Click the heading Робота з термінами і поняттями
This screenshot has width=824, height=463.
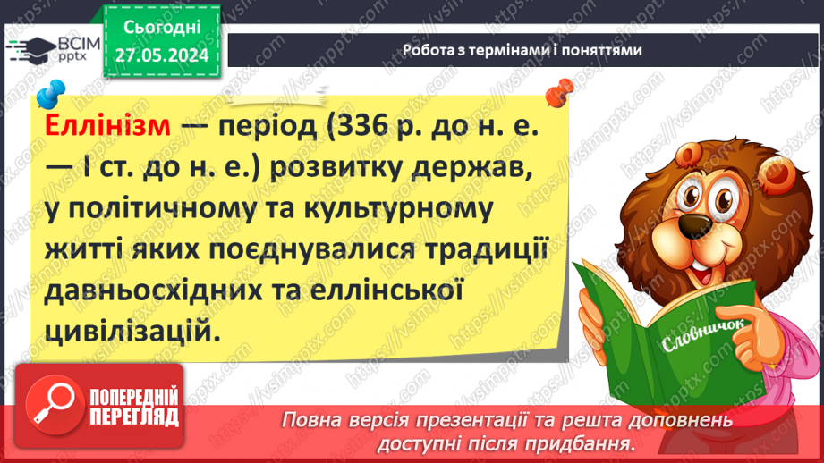click(522, 51)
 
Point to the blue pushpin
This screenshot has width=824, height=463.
click(50, 91)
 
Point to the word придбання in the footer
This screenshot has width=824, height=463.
click(597, 442)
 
